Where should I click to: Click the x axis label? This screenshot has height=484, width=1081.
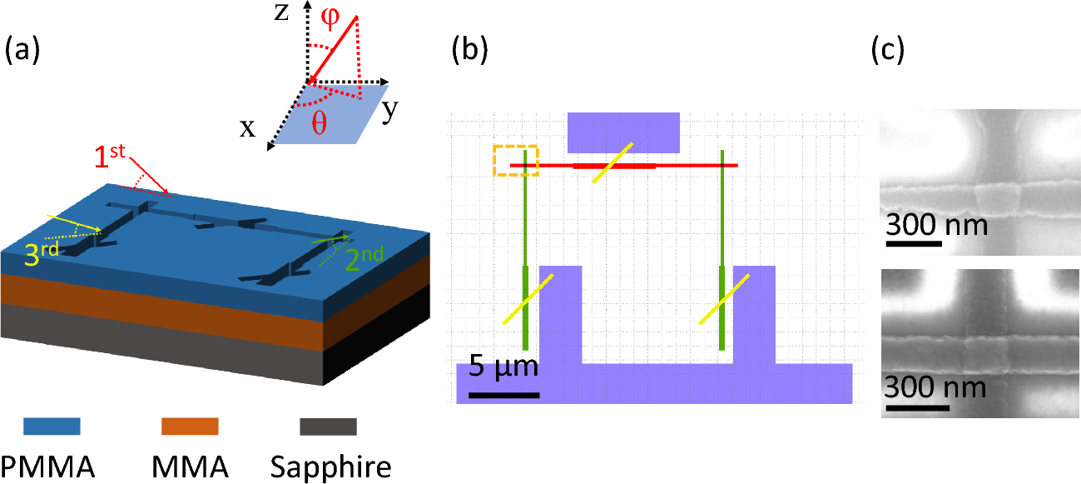tap(247, 129)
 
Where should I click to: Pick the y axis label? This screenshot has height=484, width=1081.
tap(389, 111)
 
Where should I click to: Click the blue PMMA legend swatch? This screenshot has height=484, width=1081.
tap(52, 427)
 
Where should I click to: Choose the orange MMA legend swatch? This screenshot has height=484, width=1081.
tap(190, 427)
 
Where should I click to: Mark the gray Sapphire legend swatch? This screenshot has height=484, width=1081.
tap(328, 427)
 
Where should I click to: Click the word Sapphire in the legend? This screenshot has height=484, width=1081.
tap(330, 467)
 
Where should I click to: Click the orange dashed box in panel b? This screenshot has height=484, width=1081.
tap(515, 160)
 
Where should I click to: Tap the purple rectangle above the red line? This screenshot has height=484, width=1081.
tap(623, 132)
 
